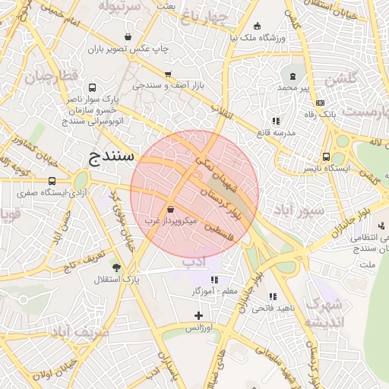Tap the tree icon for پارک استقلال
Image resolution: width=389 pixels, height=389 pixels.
(116, 267)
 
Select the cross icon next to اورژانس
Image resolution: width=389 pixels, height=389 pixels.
(199, 315)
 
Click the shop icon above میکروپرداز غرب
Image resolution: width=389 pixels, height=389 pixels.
(169, 209)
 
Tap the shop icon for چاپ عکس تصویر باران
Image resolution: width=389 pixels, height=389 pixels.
(126, 36)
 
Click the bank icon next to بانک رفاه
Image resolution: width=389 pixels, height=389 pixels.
(320, 103)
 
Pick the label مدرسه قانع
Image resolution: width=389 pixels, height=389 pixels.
(274, 133)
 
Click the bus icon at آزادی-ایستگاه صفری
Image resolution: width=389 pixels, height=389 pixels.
(52, 181)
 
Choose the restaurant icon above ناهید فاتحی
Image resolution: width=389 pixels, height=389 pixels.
(273, 296)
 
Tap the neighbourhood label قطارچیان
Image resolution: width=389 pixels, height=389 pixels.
(51, 77)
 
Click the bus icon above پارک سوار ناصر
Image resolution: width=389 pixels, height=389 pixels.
(92, 87)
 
